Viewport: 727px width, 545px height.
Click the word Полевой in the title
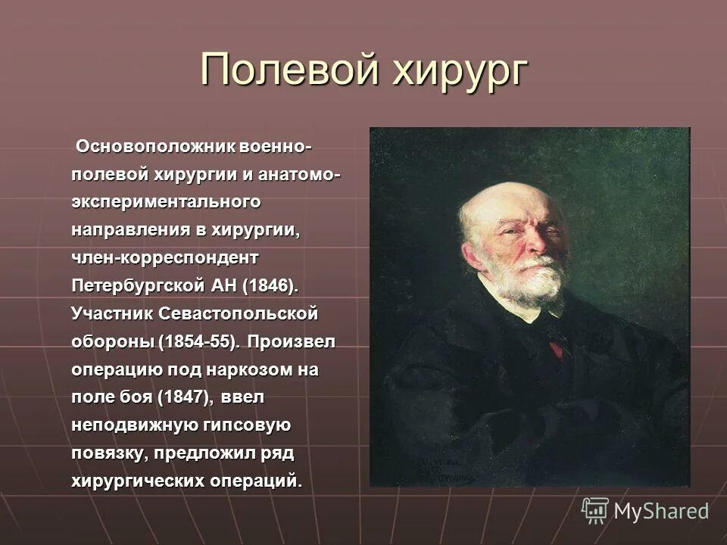click(x=289, y=70)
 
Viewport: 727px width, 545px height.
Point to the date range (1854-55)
click(x=199, y=341)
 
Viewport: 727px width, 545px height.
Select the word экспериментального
click(x=167, y=202)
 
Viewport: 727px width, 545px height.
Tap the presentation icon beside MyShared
click(x=595, y=510)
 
